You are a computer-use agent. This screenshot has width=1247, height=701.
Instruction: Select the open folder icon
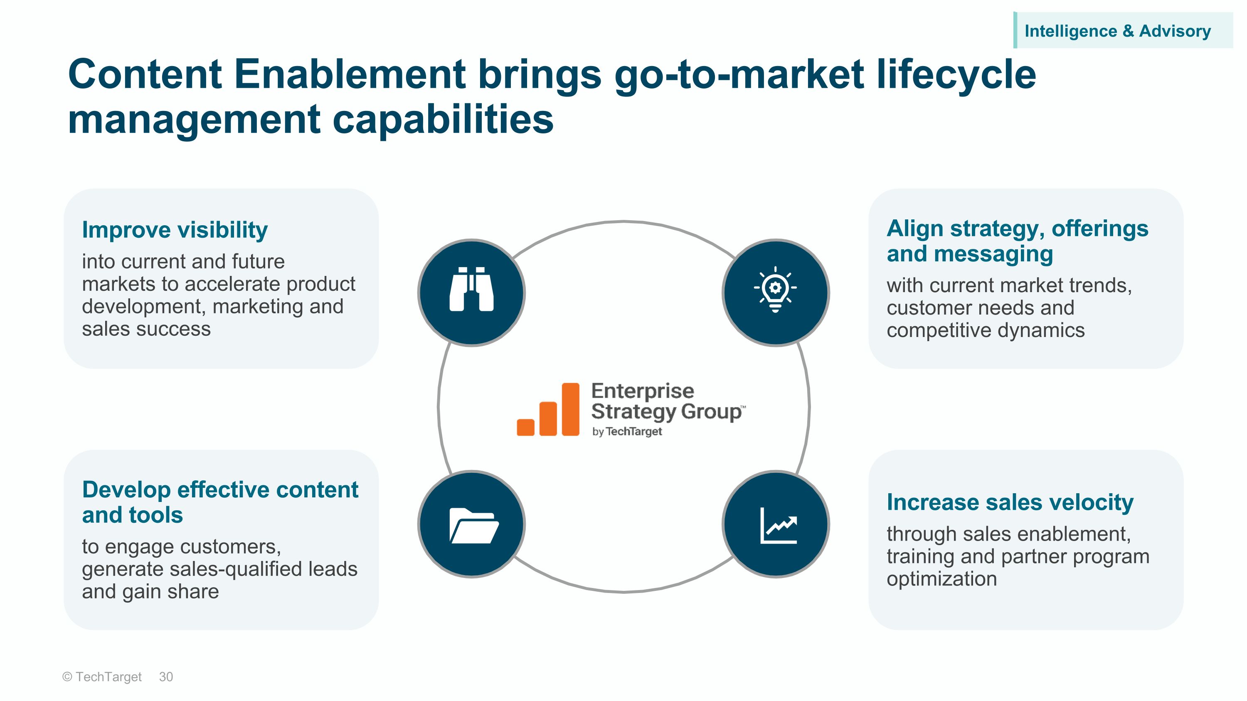(x=473, y=525)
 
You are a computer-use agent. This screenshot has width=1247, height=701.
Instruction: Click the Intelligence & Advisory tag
(x=1117, y=31)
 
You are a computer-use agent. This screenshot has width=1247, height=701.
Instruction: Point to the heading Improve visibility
(x=174, y=230)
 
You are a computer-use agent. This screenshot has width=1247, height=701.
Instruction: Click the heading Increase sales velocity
(x=1010, y=502)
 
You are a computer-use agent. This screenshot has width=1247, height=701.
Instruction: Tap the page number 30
(x=165, y=677)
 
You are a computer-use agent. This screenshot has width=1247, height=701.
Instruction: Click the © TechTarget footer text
(x=102, y=677)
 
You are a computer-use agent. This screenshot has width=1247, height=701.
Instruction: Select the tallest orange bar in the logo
(x=570, y=409)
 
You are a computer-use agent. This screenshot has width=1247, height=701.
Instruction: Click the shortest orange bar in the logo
(x=525, y=427)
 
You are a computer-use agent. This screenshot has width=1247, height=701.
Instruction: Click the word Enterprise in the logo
(x=642, y=391)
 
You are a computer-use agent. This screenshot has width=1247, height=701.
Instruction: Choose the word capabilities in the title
(x=443, y=120)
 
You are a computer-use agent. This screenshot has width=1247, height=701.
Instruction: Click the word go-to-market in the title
(x=739, y=75)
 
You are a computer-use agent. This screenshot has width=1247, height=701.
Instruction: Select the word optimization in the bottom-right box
(x=941, y=578)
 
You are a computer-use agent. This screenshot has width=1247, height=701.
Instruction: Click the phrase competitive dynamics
(x=986, y=330)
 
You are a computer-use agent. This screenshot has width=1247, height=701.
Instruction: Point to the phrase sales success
(x=146, y=330)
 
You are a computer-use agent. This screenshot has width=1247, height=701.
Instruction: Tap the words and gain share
(x=150, y=592)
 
